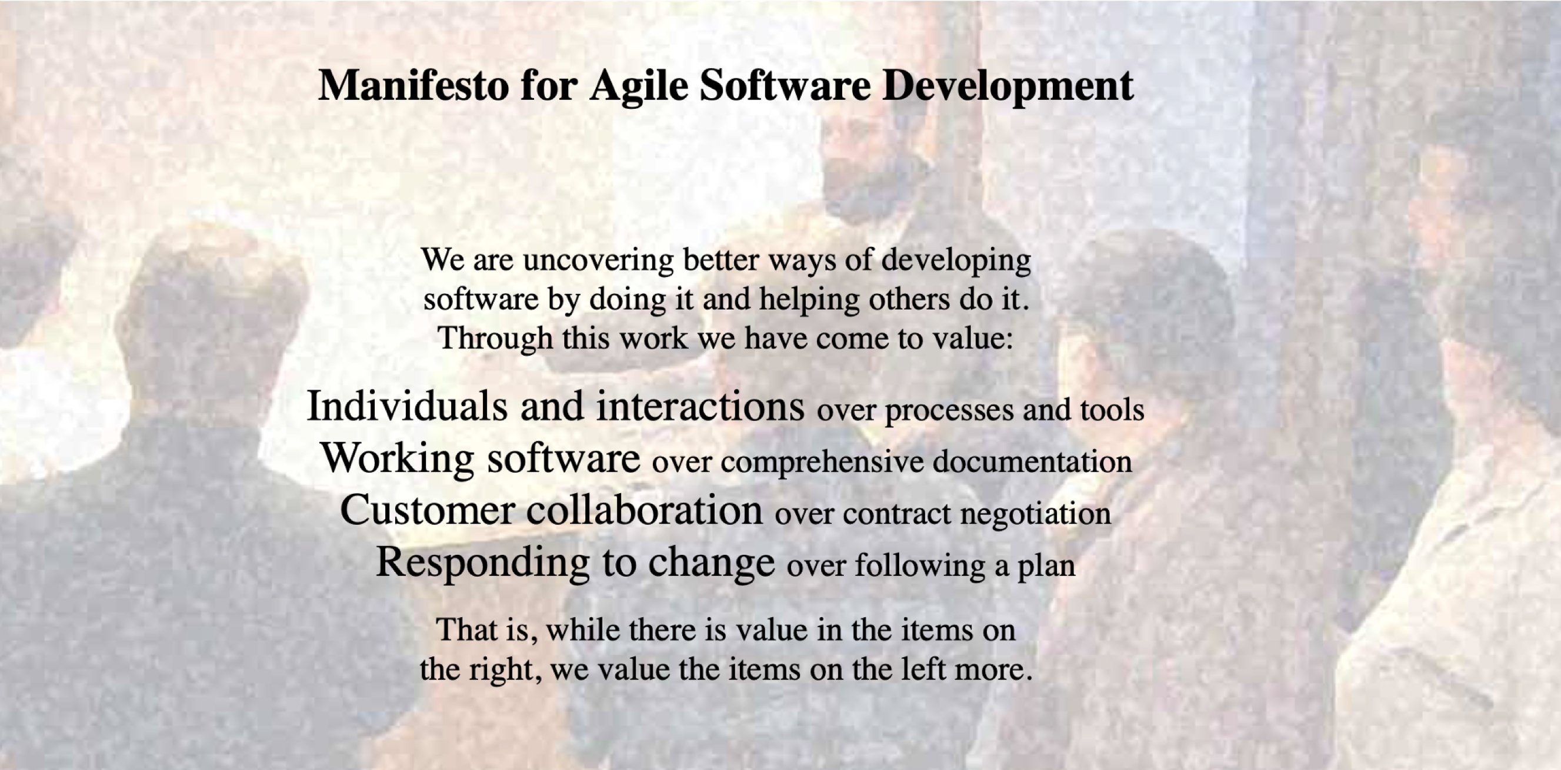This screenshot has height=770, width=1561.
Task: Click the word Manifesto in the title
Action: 414,85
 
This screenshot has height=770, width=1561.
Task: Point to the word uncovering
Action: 598,260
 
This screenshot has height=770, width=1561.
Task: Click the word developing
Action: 956,260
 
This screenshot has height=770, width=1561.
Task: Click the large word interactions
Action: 701,406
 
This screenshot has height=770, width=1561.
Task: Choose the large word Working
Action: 397,458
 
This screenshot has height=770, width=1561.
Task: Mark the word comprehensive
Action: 822,462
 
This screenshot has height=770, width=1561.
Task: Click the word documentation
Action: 1032,461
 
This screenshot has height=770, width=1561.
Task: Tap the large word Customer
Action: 428,510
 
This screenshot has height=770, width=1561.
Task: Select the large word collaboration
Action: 644,510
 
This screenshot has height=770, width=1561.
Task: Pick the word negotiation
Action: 1036,514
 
